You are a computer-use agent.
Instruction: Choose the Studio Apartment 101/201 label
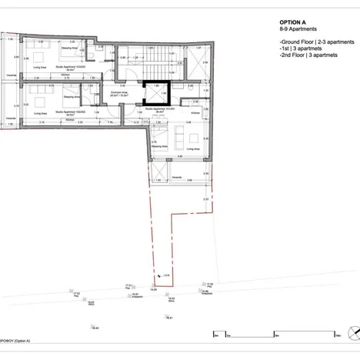(160, 109)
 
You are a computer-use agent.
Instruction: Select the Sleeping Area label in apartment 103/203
(68, 56)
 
